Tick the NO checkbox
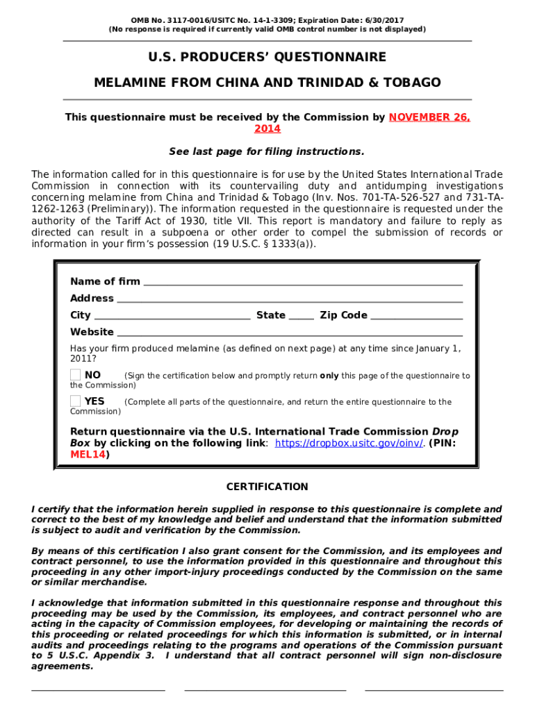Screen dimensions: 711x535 tap(75, 375)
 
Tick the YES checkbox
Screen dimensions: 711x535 tap(75, 401)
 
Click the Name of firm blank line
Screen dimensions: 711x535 tap(302, 283)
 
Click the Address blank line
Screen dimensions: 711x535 tap(290, 300)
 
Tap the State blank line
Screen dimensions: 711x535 tap(301, 317)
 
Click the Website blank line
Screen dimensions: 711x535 tap(289, 334)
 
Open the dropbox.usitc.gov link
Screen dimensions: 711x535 tap(349, 443)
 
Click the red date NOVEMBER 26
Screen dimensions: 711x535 tap(429, 117)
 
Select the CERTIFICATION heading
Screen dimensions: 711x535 tap(267, 487)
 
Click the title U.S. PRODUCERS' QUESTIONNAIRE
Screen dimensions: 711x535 tap(267, 57)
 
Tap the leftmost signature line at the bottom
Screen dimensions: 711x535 tap(98, 689)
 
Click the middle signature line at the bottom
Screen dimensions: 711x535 tap(265, 689)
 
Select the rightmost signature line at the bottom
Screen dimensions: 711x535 tap(434, 689)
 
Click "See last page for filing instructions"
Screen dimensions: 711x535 tap(267, 151)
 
